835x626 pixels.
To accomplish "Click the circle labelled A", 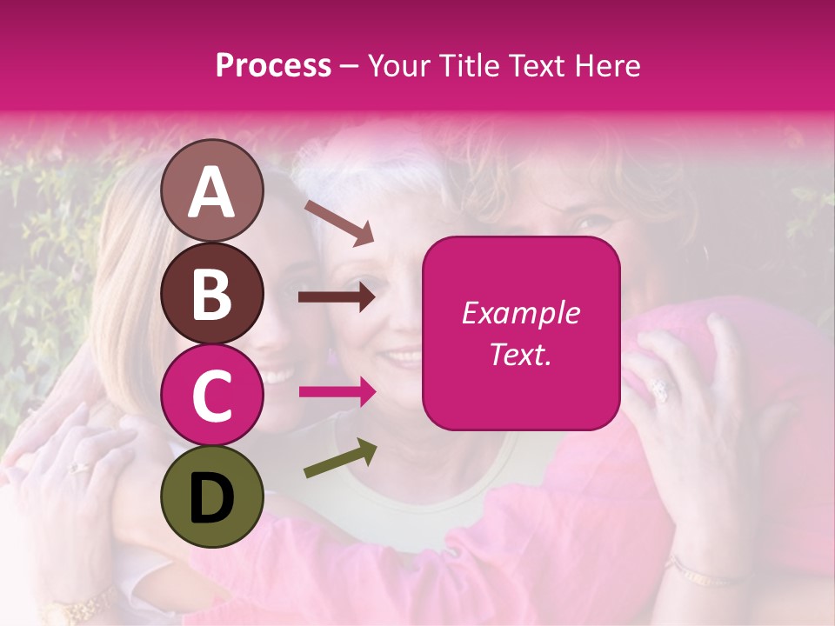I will point(212,190).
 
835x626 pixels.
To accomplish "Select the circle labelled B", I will point(212,293).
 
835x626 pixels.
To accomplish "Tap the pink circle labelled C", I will point(212,395).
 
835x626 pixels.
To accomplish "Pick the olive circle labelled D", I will point(212,496).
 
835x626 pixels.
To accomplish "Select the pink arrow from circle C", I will point(337,392).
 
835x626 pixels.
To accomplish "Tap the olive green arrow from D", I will point(340,458).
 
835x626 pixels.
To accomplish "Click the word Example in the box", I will point(520,313).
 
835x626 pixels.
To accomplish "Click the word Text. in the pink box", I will point(520,354).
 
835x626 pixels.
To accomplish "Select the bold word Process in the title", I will point(273,65).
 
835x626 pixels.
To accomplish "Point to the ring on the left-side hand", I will point(80,468).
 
